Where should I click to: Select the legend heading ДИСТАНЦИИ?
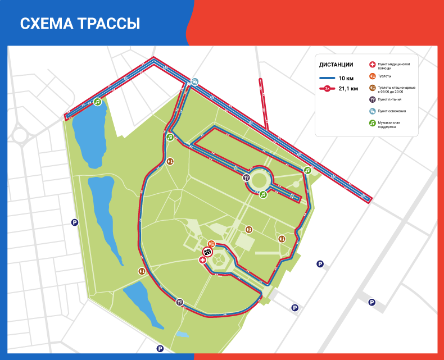pos(336,64)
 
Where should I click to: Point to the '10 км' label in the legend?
pos(346,78)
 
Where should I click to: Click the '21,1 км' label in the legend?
pos(348,88)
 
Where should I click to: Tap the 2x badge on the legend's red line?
pos(327,88)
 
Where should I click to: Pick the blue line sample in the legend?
pos(327,78)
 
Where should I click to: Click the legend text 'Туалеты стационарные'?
pos(397,87)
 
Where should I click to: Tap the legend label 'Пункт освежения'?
pos(392,111)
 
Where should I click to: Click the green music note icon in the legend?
pos(372,123)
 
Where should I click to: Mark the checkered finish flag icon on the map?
pos(207,252)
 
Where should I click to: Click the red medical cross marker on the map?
pos(202,260)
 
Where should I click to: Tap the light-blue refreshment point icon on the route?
pos(194,82)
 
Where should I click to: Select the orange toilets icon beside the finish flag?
pos(211,244)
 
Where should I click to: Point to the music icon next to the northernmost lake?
pos(98,102)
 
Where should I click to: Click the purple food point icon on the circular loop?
pos(246,177)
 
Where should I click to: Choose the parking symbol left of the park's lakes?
pos(74,222)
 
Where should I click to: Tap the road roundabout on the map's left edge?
pos(20,135)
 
